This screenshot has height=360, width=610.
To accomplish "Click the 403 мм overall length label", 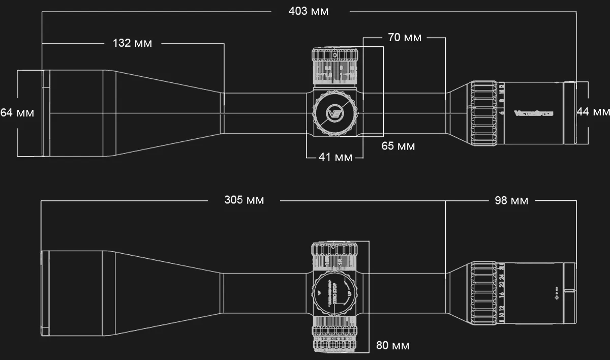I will [x=309, y=11].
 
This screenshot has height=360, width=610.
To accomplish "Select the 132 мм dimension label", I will [x=132, y=43].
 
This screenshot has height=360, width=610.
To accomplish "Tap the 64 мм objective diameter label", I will [x=17, y=113].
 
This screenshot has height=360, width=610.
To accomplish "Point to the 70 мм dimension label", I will [x=405, y=38].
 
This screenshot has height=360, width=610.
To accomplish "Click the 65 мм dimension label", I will [x=398, y=146].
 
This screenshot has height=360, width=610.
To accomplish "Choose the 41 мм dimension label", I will [x=335, y=158].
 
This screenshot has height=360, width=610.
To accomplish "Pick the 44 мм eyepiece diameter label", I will [x=593, y=112].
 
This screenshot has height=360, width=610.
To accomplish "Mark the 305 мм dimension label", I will [x=244, y=200].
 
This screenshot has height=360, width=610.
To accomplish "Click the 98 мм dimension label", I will [x=511, y=201].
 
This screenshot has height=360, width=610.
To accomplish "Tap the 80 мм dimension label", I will [x=392, y=346].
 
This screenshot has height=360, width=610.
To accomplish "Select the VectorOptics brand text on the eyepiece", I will [x=533, y=113].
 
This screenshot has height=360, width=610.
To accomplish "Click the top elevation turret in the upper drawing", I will [x=334, y=66].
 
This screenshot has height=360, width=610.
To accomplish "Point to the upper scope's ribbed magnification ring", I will [x=483, y=112].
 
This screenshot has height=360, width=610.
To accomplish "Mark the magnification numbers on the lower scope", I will [x=502, y=293].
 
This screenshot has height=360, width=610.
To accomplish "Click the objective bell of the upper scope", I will [x=76, y=112].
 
